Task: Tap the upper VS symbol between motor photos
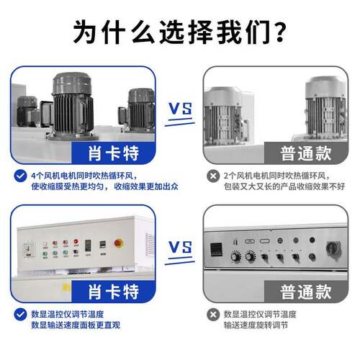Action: pos(180,109)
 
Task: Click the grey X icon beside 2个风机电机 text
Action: pos(213,175)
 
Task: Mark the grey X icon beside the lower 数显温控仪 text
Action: pos(213,315)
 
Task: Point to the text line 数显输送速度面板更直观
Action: pos(76,326)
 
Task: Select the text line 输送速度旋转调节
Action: pos(261,326)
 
